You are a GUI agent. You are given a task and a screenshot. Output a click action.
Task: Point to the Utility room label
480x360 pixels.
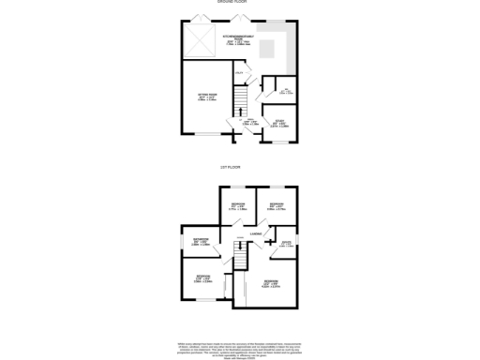239,74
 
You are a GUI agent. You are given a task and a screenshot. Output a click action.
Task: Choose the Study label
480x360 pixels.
277,122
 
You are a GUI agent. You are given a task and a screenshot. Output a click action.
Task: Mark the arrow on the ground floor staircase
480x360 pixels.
241,97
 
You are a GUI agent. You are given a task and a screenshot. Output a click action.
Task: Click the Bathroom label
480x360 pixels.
201,241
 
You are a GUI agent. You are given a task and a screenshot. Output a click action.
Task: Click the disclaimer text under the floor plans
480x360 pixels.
239,349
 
